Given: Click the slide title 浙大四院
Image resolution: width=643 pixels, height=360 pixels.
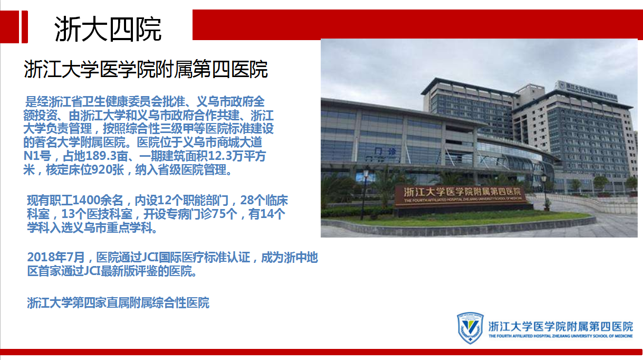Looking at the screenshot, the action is (108, 29).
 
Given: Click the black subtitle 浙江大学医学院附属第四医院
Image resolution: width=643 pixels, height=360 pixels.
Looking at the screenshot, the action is (146, 69).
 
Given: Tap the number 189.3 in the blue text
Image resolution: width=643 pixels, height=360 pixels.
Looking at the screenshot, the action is (101, 156).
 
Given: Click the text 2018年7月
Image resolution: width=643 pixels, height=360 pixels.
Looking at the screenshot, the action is (56, 257).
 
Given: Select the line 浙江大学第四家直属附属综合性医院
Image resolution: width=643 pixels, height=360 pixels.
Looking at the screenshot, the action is (118, 303).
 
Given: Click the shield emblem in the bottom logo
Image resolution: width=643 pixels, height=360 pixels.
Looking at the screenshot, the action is (470, 328).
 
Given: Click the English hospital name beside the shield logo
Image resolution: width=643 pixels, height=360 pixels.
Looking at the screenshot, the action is (561, 336).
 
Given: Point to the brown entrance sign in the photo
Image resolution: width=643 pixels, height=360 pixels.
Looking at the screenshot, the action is (460, 195).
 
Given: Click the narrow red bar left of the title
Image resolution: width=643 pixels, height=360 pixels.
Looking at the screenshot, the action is (25, 27).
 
